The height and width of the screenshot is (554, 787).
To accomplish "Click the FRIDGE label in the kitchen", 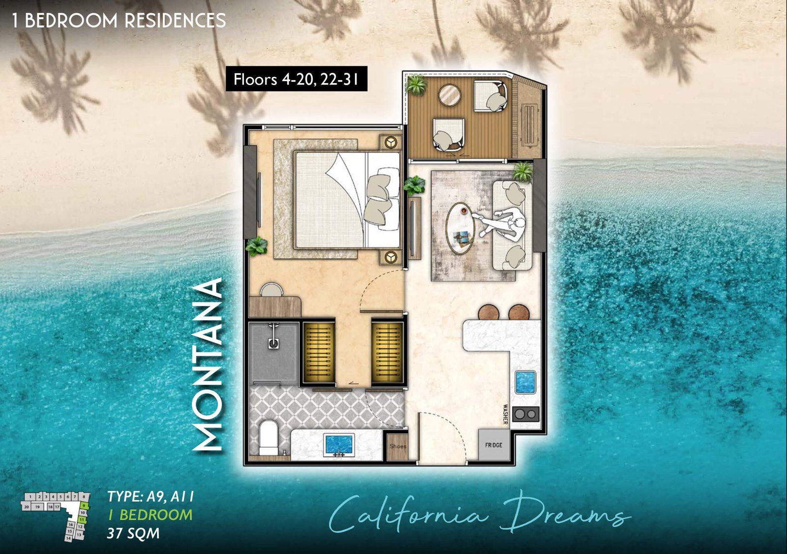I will pyautogui.click(x=493, y=445).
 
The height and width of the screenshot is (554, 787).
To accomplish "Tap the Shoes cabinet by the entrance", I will pyautogui.click(x=397, y=446).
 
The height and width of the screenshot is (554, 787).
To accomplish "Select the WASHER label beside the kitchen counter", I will pyautogui.click(x=505, y=414).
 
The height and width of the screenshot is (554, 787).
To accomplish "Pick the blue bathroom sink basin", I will pyautogui.click(x=339, y=443).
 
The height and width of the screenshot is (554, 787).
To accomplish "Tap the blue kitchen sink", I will pyautogui.click(x=525, y=382).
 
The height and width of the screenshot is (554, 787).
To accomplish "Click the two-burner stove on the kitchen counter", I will pyautogui.click(x=526, y=414).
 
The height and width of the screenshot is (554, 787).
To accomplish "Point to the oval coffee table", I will pyautogui.click(x=460, y=228).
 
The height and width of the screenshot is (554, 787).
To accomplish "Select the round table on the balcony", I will pyautogui.click(x=449, y=95).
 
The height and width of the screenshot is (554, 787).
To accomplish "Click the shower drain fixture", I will pyautogui.click(x=273, y=343).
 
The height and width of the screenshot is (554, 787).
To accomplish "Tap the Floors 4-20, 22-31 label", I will pyautogui.click(x=296, y=79).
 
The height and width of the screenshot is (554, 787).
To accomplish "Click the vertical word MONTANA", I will pyautogui.click(x=209, y=364).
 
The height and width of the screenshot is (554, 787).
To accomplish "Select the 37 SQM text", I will pyautogui.click(x=133, y=533).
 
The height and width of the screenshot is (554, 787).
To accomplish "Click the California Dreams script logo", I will pyautogui.click(x=480, y=514).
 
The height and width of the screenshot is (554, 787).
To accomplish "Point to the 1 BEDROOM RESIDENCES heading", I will pyautogui.click(x=119, y=20).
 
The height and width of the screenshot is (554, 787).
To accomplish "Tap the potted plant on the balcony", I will pyautogui.click(x=416, y=85).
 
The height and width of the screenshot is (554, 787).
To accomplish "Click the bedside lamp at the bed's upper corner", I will pyautogui.click(x=392, y=142).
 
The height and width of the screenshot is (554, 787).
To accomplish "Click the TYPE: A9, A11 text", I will pyautogui.click(x=151, y=496).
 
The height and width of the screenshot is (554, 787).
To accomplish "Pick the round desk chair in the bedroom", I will pyautogui.click(x=272, y=290).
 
